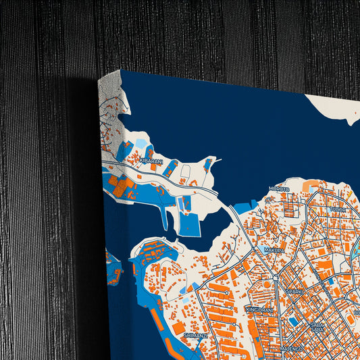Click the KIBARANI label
[152, 161]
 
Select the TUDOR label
[338, 210]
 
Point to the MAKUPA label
[274, 250]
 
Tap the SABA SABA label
[317, 327]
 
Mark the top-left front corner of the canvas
[121, 70]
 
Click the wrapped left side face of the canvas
[110, 203]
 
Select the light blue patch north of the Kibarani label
[140, 144]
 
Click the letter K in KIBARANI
[142, 161]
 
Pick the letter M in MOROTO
[270, 189]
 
